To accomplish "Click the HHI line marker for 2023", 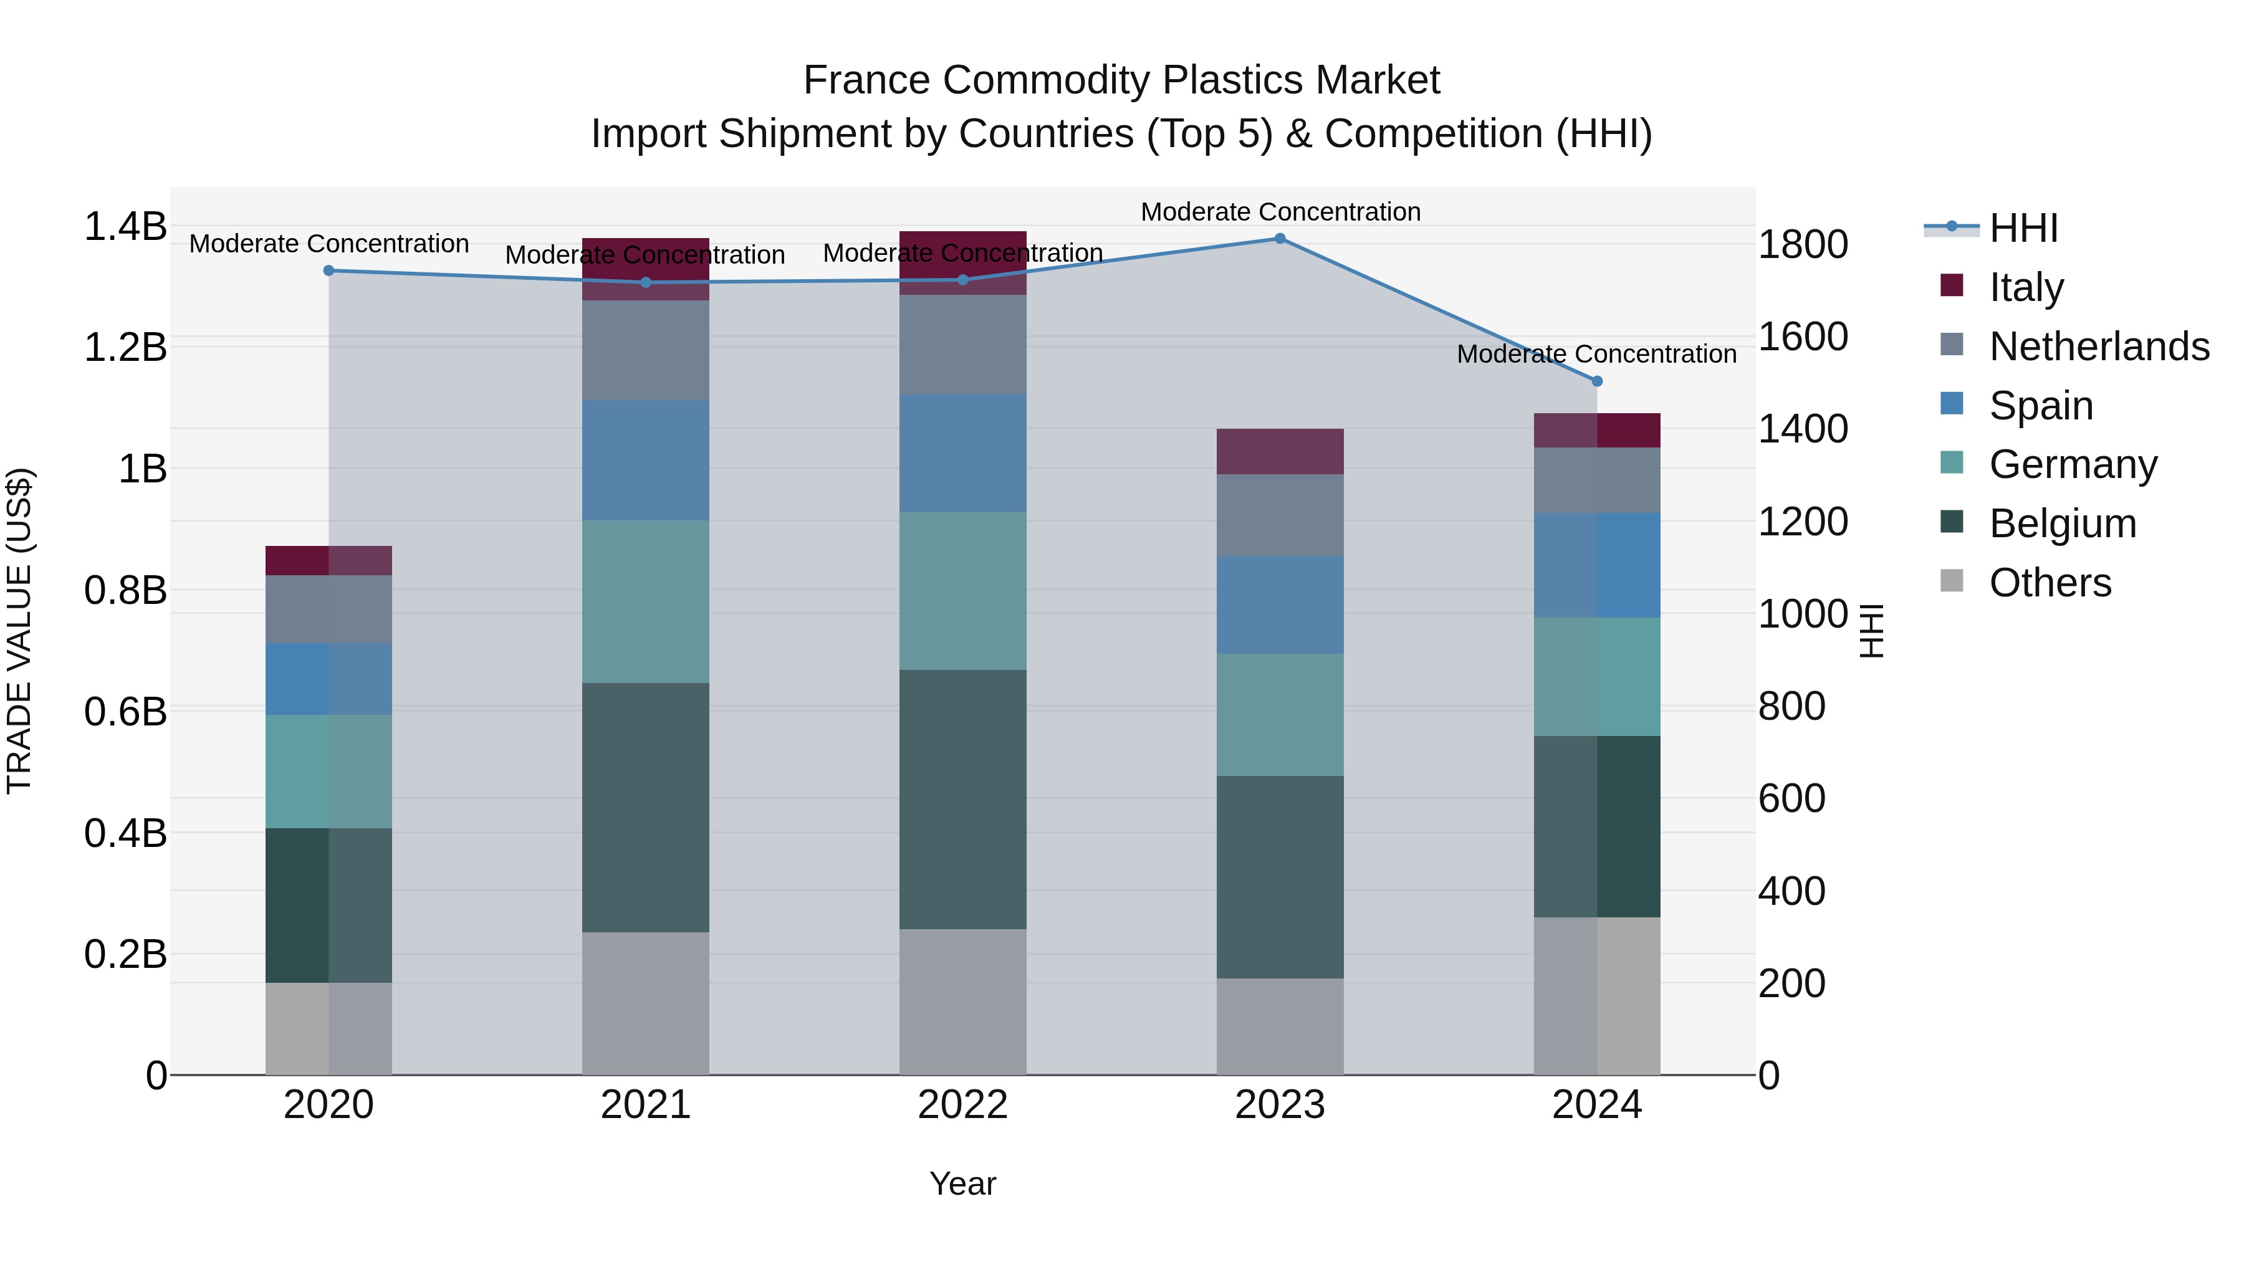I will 1280,239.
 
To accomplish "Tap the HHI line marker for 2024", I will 1597,381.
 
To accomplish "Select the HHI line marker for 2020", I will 328,271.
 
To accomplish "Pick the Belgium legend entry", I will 2062,523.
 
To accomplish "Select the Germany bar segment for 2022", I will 962,591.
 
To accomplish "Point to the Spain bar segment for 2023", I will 1280,605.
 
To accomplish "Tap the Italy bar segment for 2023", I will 1280,451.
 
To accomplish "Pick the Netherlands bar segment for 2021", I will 646,350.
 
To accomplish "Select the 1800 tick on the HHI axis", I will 1802,245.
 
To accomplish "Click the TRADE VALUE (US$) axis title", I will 20,631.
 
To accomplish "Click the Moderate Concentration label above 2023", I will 1280,212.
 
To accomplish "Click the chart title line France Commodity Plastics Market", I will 1121,80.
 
